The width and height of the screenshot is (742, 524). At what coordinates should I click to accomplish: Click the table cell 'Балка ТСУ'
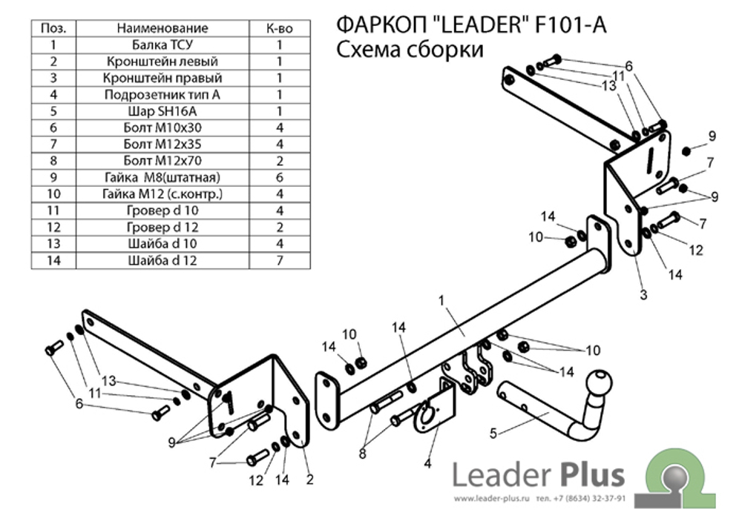[162, 45]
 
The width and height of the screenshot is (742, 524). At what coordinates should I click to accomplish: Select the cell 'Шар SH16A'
[162, 111]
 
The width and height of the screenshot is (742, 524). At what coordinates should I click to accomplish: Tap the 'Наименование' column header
[162, 28]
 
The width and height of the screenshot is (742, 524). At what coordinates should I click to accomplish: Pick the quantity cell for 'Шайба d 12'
[280, 260]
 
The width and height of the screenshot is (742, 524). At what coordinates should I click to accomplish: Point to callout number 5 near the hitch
[493, 434]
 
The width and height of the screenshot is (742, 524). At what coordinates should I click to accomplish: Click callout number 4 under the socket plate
[427, 463]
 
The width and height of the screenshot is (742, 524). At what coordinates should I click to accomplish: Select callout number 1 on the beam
[441, 300]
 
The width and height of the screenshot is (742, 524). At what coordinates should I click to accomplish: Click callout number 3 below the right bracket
[643, 295]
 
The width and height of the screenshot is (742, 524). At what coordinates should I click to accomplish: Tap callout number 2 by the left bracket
[309, 480]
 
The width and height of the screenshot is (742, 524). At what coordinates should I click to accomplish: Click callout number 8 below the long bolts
[363, 454]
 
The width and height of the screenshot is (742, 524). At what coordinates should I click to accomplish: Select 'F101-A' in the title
[570, 25]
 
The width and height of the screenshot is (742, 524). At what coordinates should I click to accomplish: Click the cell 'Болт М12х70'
[162, 161]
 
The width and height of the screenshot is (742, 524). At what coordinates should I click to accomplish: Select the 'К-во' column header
[280, 28]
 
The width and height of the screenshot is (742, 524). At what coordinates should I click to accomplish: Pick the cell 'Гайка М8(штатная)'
[162, 177]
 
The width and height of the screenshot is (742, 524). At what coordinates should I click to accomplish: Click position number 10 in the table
[53, 193]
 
